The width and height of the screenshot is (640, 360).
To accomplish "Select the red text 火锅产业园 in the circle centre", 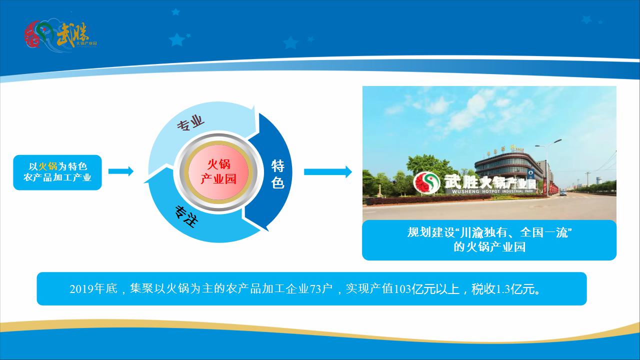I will (x=218, y=171).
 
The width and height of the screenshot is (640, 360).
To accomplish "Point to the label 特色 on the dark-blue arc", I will (x=277, y=174).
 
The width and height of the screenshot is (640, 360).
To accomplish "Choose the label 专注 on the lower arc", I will (x=184, y=216).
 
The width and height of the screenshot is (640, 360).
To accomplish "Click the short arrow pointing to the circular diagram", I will (x=120, y=171).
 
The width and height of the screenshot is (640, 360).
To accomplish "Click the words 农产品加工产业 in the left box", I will (x=57, y=177).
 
